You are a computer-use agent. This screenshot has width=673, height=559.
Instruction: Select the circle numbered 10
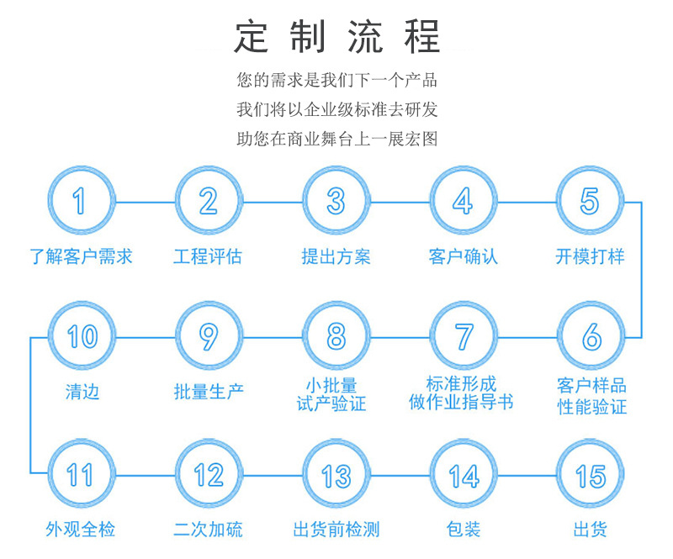click(x=81, y=337)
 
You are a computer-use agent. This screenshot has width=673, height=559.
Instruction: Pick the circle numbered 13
click(x=336, y=475)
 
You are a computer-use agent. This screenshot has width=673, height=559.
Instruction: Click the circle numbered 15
click(x=590, y=475)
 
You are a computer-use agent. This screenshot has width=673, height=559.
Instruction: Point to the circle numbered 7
click(x=463, y=337)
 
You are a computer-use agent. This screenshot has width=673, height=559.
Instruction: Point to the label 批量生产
click(x=208, y=391)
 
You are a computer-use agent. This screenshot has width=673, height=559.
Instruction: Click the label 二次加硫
click(x=208, y=530)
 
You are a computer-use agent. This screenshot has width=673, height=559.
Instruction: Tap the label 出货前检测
click(x=336, y=530)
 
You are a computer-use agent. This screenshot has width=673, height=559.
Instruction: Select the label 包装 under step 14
click(x=463, y=530)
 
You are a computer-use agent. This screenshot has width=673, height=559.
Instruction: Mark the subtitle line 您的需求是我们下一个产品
click(x=336, y=82)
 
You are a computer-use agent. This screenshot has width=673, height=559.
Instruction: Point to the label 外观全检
click(x=81, y=530)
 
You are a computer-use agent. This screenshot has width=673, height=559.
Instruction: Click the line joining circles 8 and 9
click(x=272, y=337)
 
